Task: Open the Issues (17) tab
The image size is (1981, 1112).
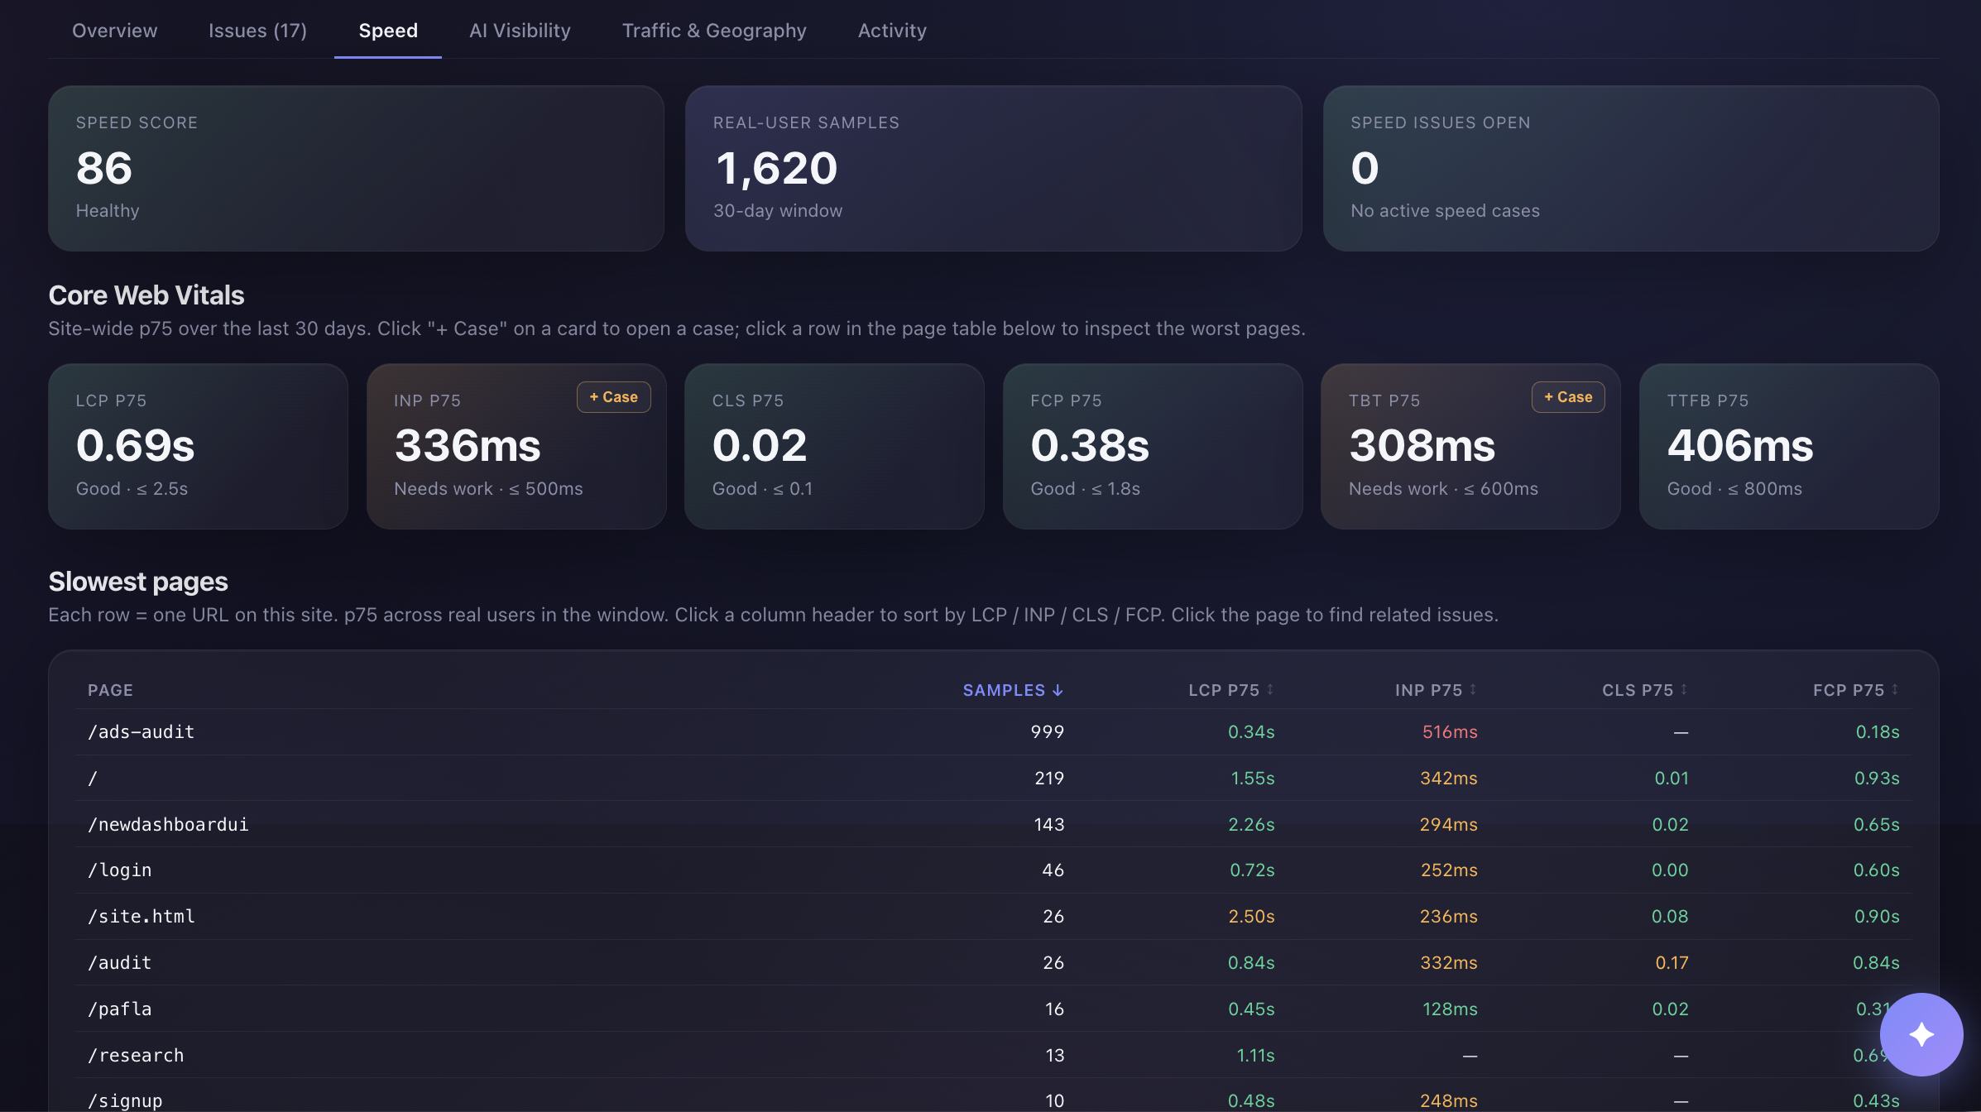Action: pos(257,31)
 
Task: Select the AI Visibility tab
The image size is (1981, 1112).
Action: pos(520,31)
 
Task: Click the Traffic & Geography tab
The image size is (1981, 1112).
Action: pos(714,31)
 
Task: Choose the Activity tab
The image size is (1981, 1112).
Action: pos(892,31)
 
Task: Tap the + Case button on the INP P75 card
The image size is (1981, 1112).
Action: pos(614,397)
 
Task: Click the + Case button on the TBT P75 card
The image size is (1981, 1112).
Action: pos(1568,397)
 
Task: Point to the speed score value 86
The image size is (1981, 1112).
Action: pos(104,168)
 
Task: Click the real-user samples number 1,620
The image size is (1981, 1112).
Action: pos(776,169)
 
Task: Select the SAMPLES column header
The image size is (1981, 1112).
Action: pos(1013,690)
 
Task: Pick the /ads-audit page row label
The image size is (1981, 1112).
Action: pos(141,732)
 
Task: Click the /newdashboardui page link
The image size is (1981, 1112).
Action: pos(169,825)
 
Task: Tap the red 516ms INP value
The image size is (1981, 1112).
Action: pos(1450,732)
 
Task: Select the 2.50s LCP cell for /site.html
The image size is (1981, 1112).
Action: pos(1251,917)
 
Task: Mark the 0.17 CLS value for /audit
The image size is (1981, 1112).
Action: pos(1672,963)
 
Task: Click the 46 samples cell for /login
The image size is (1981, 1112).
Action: pos(1053,870)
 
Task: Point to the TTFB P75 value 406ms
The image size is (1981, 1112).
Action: pos(1740,446)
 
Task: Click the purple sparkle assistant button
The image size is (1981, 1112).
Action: pos(1921,1034)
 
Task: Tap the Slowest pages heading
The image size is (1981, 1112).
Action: pos(138,582)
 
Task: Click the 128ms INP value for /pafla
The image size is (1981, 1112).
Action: pos(1450,1009)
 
